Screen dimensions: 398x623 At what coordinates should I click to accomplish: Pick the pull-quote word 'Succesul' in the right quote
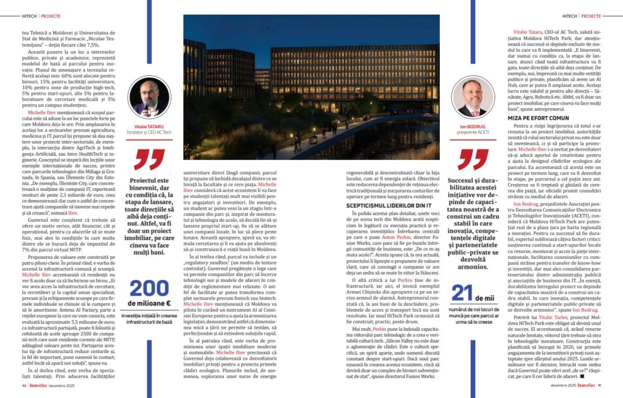click(463, 181)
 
